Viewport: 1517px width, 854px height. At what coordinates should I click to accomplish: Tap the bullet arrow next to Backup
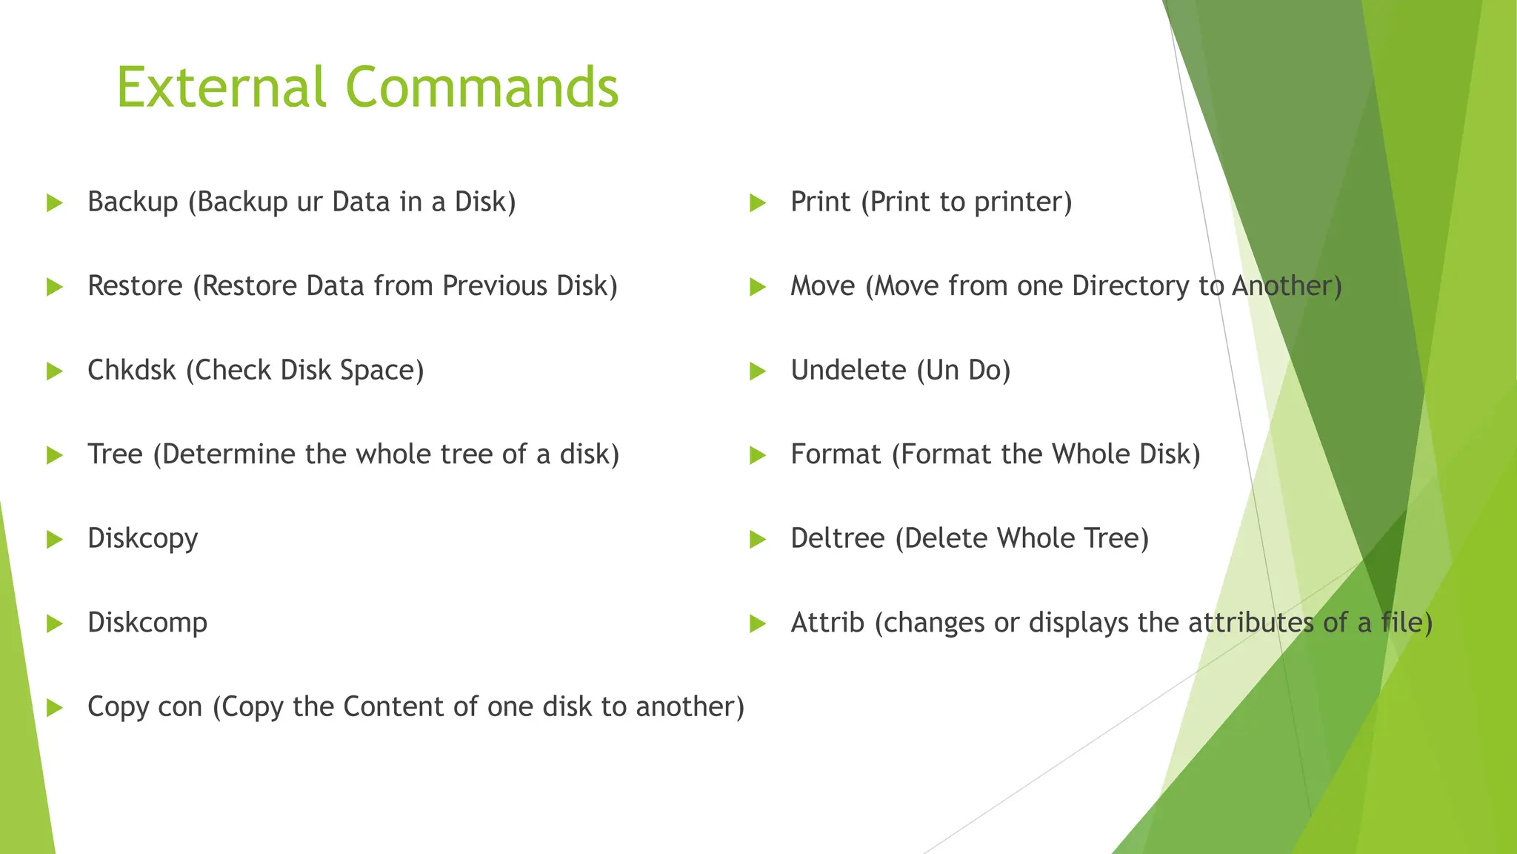[x=54, y=202]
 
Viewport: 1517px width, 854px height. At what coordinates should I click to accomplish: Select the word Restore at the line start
[x=135, y=286]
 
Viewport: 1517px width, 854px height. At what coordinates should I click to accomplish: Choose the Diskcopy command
[x=143, y=539]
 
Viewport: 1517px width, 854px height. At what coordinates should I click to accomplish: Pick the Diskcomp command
[x=147, y=623]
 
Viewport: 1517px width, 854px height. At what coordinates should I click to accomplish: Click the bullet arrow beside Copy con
[x=54, y=707]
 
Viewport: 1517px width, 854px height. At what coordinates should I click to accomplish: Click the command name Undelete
[x=848, y=370]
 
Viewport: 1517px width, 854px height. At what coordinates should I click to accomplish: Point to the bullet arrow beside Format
[x=757, y=455]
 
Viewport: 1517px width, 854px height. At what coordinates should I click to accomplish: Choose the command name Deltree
[x=837, y=538]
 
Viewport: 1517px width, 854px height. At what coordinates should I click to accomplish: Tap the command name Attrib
[x=827, y=623]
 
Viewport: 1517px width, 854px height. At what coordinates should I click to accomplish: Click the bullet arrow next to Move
[x=757, y=287]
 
